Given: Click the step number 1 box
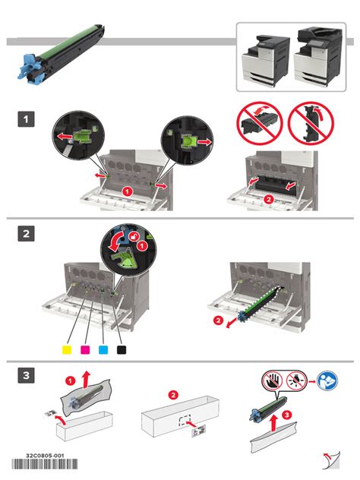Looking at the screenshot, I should [26, 119].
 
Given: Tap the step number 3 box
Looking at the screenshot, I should [26, 376].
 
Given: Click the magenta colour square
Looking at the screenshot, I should [84, 349].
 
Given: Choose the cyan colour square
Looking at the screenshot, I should [103, 349].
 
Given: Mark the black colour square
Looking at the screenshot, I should [121, 349].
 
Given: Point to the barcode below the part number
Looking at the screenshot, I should [45, 466].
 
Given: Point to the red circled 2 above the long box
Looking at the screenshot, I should [173, 395].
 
